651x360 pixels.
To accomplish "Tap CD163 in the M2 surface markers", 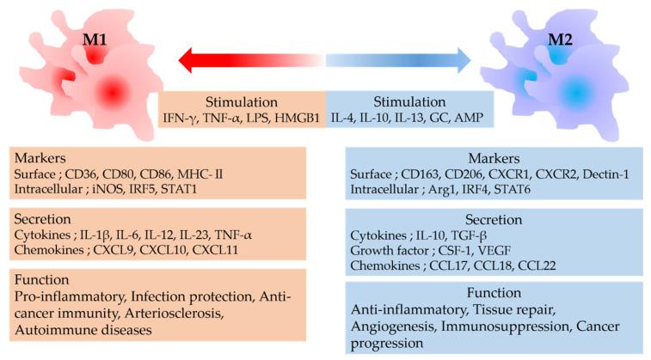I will pyautogui.click(x=418, y=174).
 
